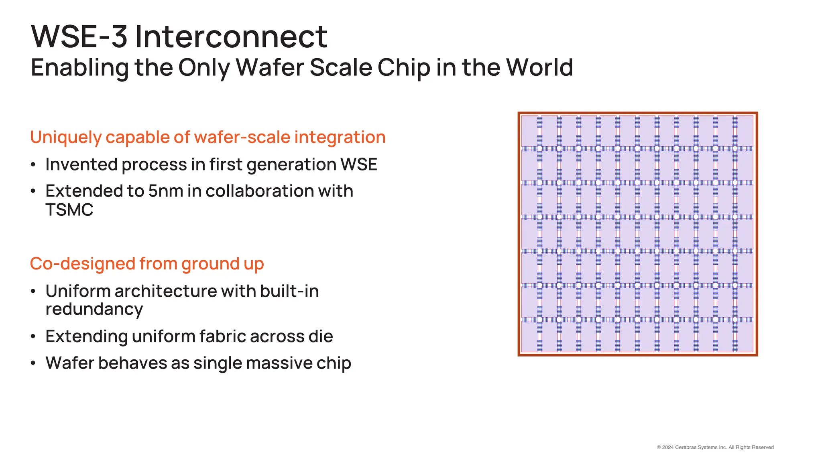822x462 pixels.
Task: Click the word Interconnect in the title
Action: (231, 37)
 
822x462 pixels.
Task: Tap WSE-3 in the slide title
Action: (79, 37)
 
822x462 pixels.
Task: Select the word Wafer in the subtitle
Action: (269, 67)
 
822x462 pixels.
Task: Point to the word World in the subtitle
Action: (539, 67)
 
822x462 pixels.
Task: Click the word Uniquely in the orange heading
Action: (66, 138)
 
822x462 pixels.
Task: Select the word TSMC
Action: (69, 210)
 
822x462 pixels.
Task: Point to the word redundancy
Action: (94, 310)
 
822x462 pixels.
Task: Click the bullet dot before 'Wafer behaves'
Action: (33, 363)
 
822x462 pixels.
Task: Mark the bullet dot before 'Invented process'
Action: (33, 165)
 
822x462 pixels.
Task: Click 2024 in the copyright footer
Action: (668, 448)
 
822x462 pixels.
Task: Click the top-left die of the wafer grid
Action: (529, 131)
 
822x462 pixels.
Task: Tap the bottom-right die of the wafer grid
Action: (745, 337)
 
